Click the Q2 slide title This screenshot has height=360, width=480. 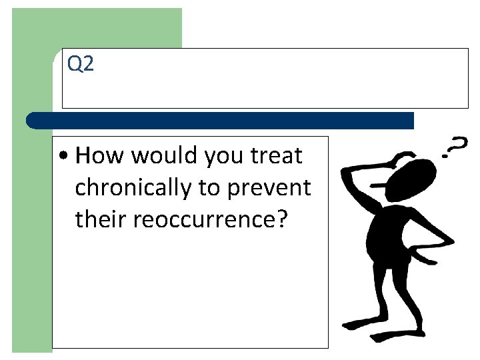(x=81, y=65)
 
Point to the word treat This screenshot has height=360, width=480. (x=276, y=156)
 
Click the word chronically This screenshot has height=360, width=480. (x=133, y=189)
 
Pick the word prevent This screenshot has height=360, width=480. (x=269, y=189)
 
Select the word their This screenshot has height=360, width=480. (x=102, y=219)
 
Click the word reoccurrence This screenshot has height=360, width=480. (x=205, y=219)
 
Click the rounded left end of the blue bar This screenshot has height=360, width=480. (x=31, y=121)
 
